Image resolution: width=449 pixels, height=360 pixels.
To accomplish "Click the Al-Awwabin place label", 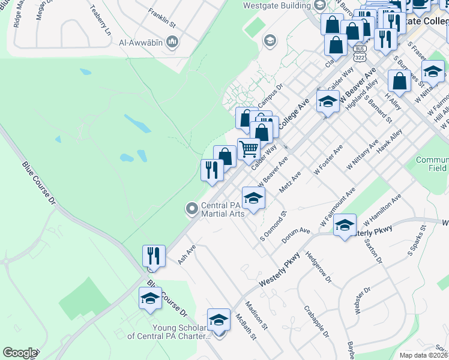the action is (x=142, y=41).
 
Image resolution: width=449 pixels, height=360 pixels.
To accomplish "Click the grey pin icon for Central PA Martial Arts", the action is (x=192, y=209).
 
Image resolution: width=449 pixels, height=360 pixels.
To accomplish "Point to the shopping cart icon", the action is (x=249, y=149).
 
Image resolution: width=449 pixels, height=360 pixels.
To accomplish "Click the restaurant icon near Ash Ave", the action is (x=154, y=256).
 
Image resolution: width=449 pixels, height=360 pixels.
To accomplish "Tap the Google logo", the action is (x=20, y=353).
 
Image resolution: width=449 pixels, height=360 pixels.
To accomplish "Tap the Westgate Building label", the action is (x=277, y=6).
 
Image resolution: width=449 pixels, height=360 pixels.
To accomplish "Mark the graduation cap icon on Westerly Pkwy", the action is (x=345, y=225).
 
